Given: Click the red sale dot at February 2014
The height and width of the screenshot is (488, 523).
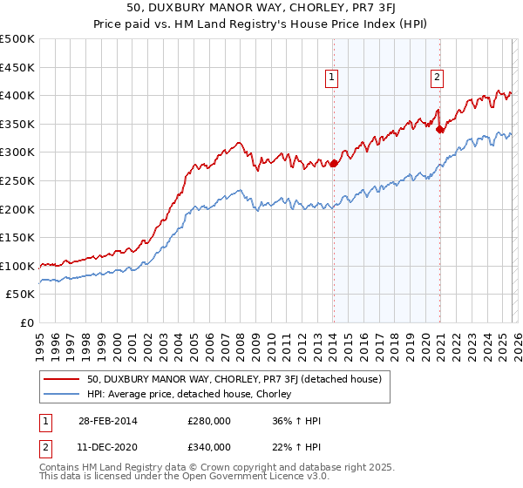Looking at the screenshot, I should pyautogui.click(x=334, y=163).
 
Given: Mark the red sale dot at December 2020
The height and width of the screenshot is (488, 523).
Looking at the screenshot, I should pyautogui.click(x=439, y=129).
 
